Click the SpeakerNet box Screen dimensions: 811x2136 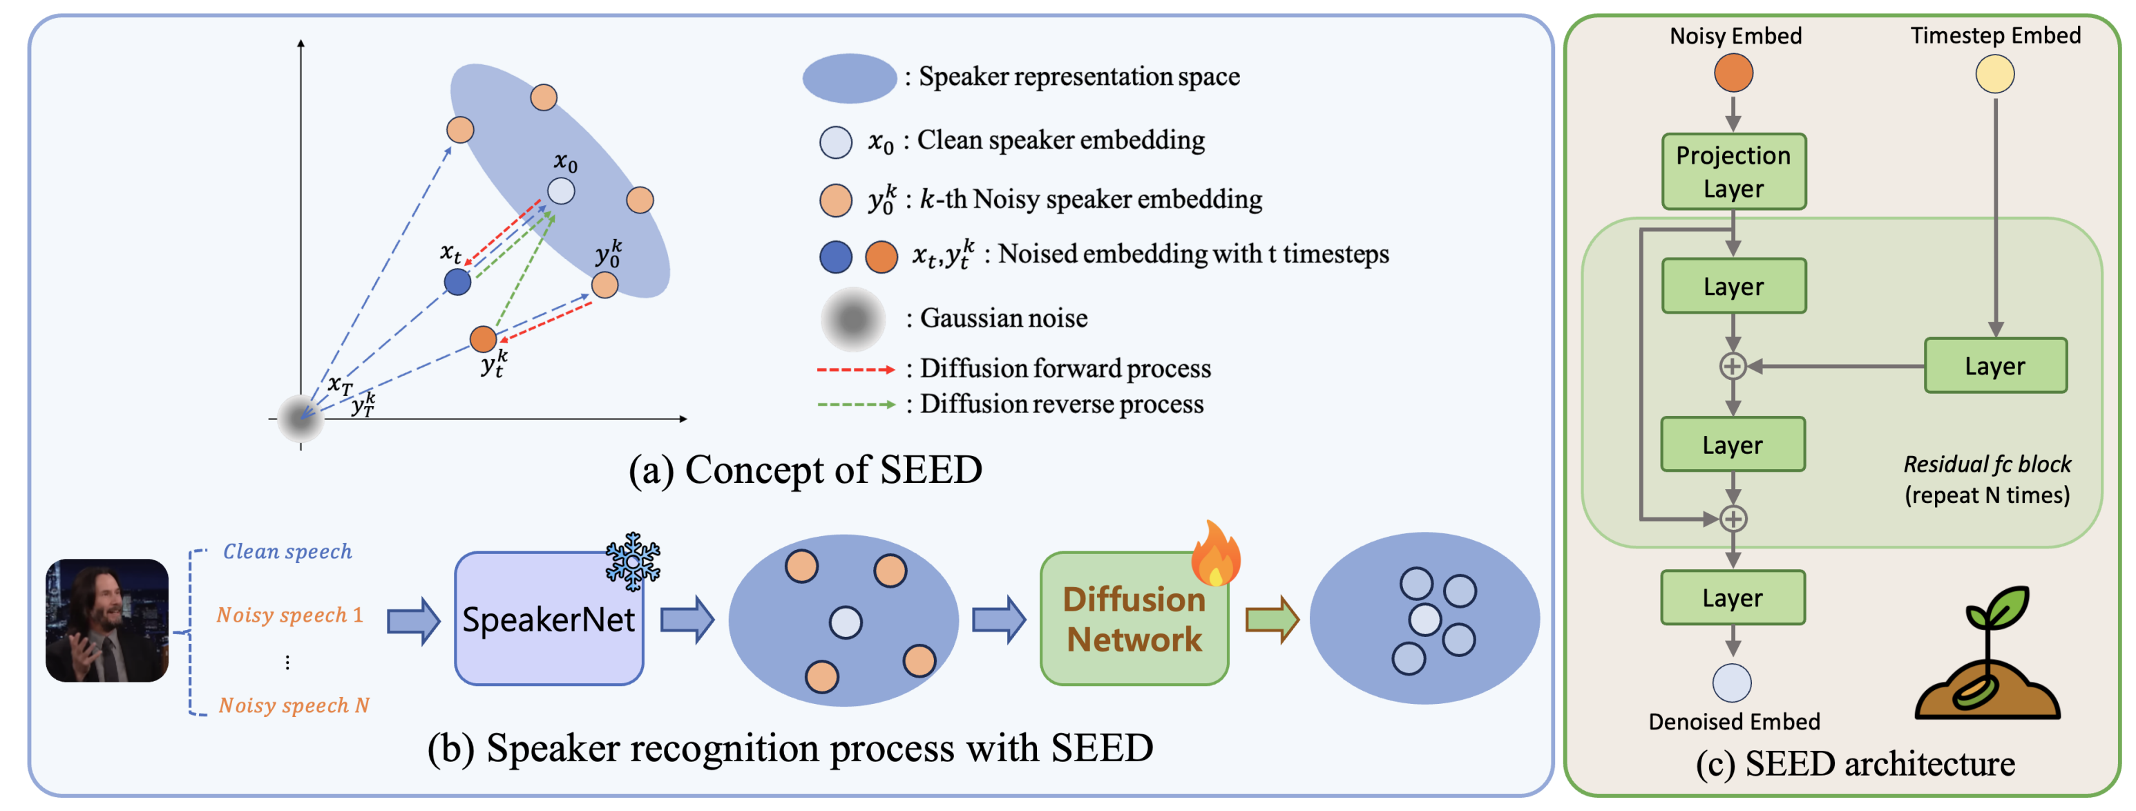pyautogui.click(x=548, y=619)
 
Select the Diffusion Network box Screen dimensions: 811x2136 pyautogui.click(x=1134, y=619)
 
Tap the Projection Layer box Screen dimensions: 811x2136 pyautogui.click(x=1733, y=171)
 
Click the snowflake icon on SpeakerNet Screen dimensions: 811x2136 pyautogui.click(x=633, y=562)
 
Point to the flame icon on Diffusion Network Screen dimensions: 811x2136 pyautogui.click(x=1216, y=553)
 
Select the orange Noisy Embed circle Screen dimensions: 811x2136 pyautogui.click(x=1733, y=73)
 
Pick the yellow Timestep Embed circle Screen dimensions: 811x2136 pyautogui.click(x=1994, y=74)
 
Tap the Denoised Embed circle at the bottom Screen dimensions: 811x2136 pyautogui.click(x=1732, y=683)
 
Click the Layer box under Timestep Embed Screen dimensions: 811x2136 pyautogui.click(x=1994, y=365)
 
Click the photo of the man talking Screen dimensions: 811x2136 pyautogui.click(x=107, y=620)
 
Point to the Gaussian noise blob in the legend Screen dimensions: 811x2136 pyautogui.click(x=852, y=319)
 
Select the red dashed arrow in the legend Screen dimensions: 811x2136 pyautogui.click(x=855, y=369)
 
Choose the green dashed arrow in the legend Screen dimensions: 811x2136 pyautogui.click(x=855, y=405)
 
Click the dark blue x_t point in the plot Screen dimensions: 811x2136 pyautogui.click(x=457, y=282)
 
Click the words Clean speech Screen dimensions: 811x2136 pyautogui.click(x=287, y=551)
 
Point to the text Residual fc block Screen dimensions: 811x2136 pyautogui.click(x=1987, y=464)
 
